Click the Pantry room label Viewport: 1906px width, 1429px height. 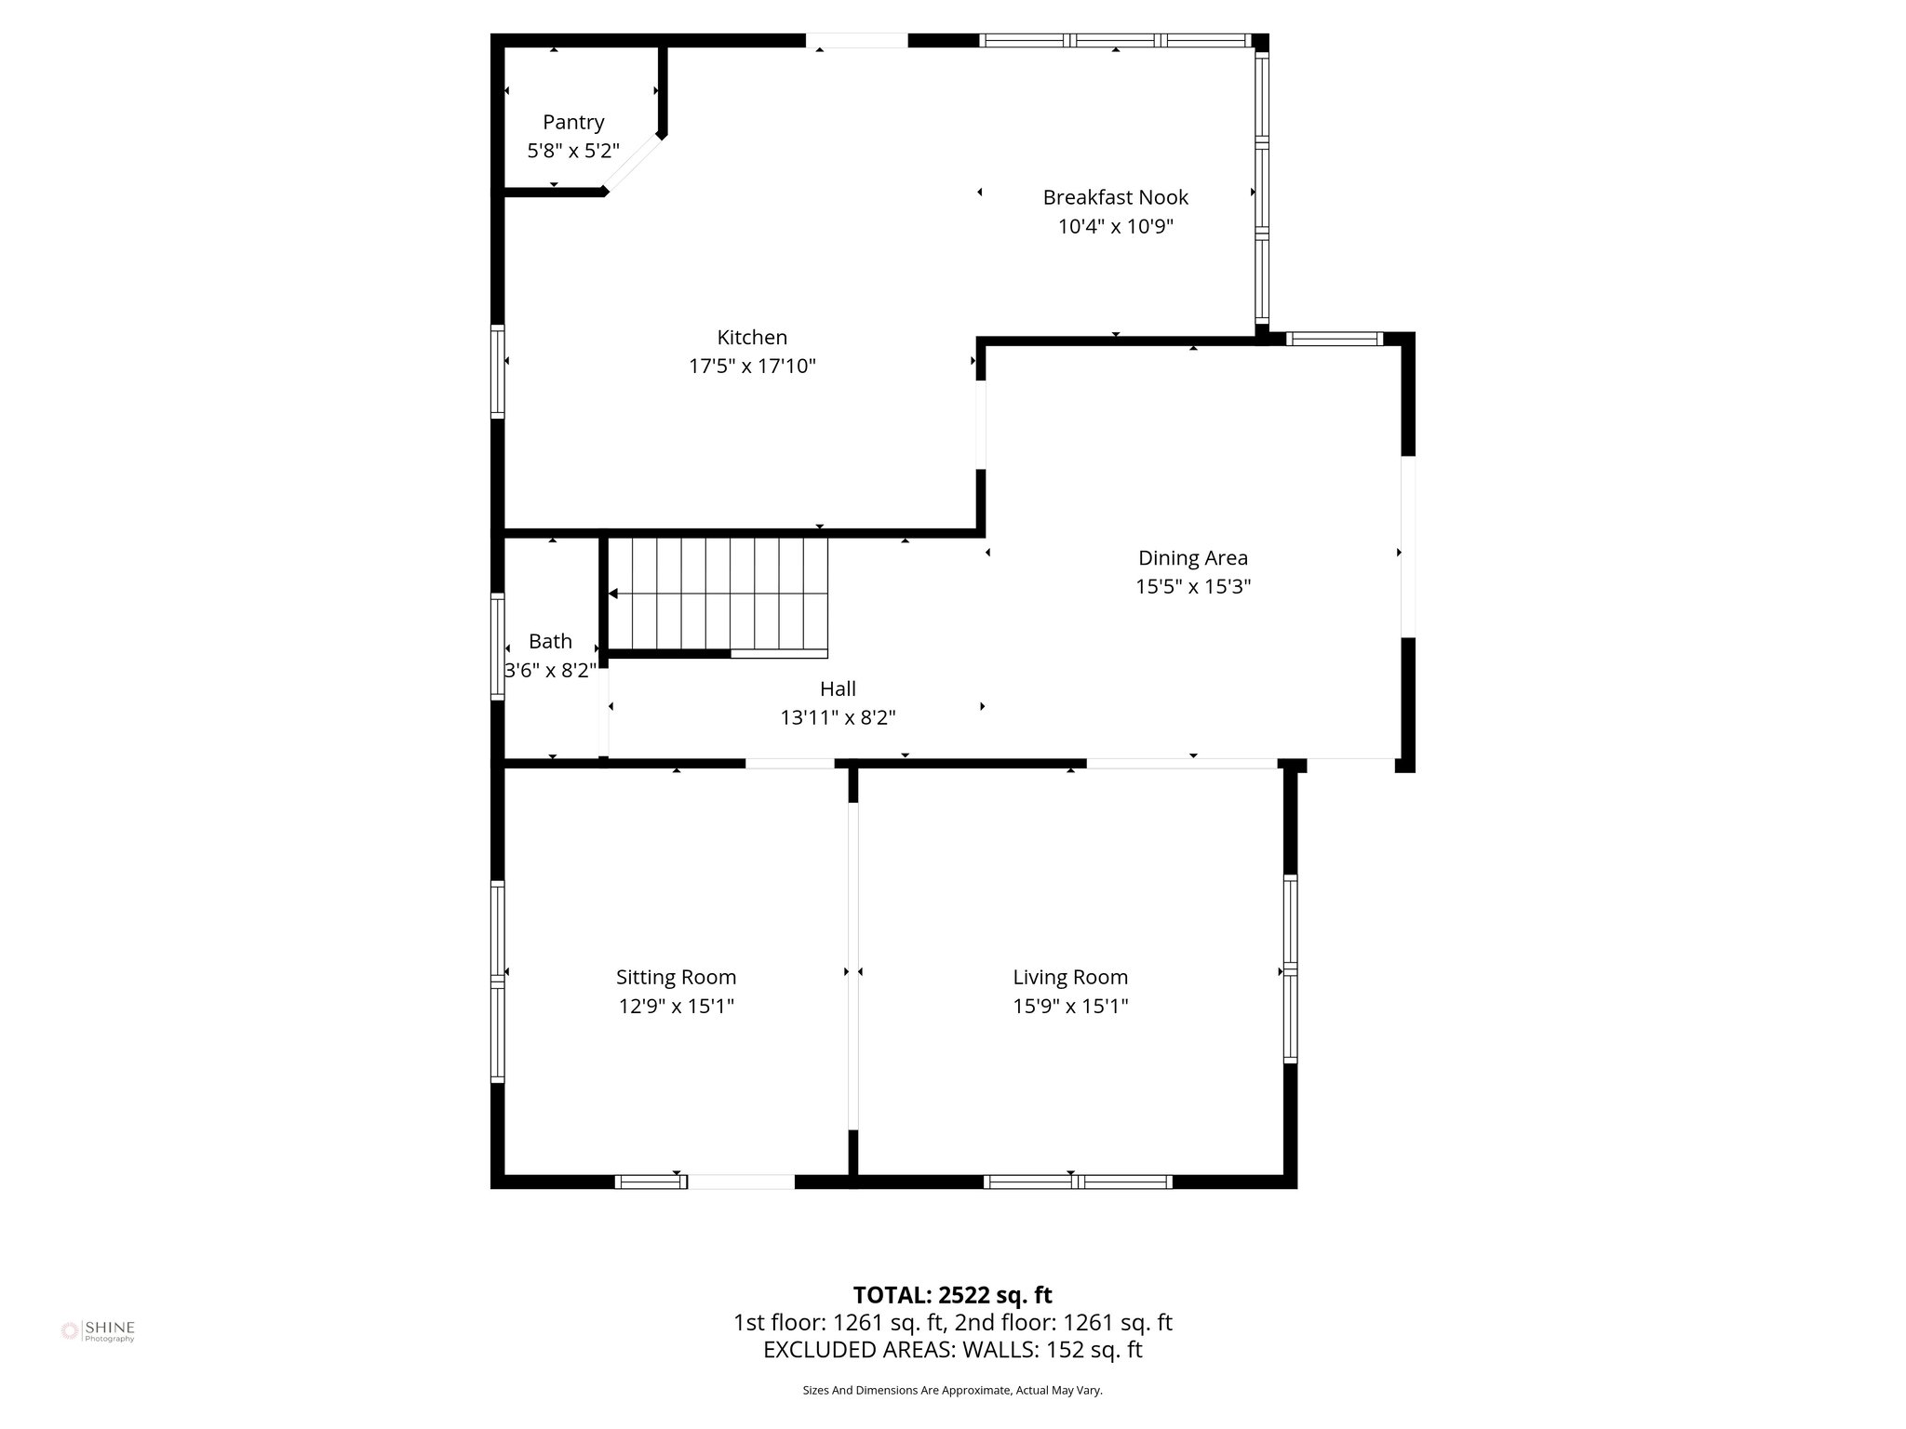click(573, 122)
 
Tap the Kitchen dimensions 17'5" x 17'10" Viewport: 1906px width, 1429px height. click(752, 367)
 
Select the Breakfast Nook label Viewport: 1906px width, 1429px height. click(1115, 197)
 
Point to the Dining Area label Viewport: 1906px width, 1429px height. click(1192, 558)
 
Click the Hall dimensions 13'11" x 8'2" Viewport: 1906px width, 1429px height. click(838, 718)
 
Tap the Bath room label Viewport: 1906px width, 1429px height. click(550, 641)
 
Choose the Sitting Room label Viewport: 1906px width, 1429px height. click(676, 977)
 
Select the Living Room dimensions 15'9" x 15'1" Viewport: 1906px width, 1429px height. click(1070, 1006)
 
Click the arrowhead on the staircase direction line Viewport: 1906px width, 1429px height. click(613, 594)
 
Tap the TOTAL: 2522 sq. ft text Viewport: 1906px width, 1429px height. click(952, 1295)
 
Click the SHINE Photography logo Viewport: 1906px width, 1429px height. click(98, 1330)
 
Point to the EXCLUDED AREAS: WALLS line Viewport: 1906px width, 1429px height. click(952, 1350)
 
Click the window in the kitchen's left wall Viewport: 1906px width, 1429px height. click(498, 371)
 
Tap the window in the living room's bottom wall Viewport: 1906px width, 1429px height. click(1078, 1182)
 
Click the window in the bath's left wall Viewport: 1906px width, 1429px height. click(498, 646)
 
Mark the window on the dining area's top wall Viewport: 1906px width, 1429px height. click(1334, 340)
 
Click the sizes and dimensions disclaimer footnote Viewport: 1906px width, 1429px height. click(952, 1390)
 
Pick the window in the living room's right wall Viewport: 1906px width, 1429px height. click(1290, 968)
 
